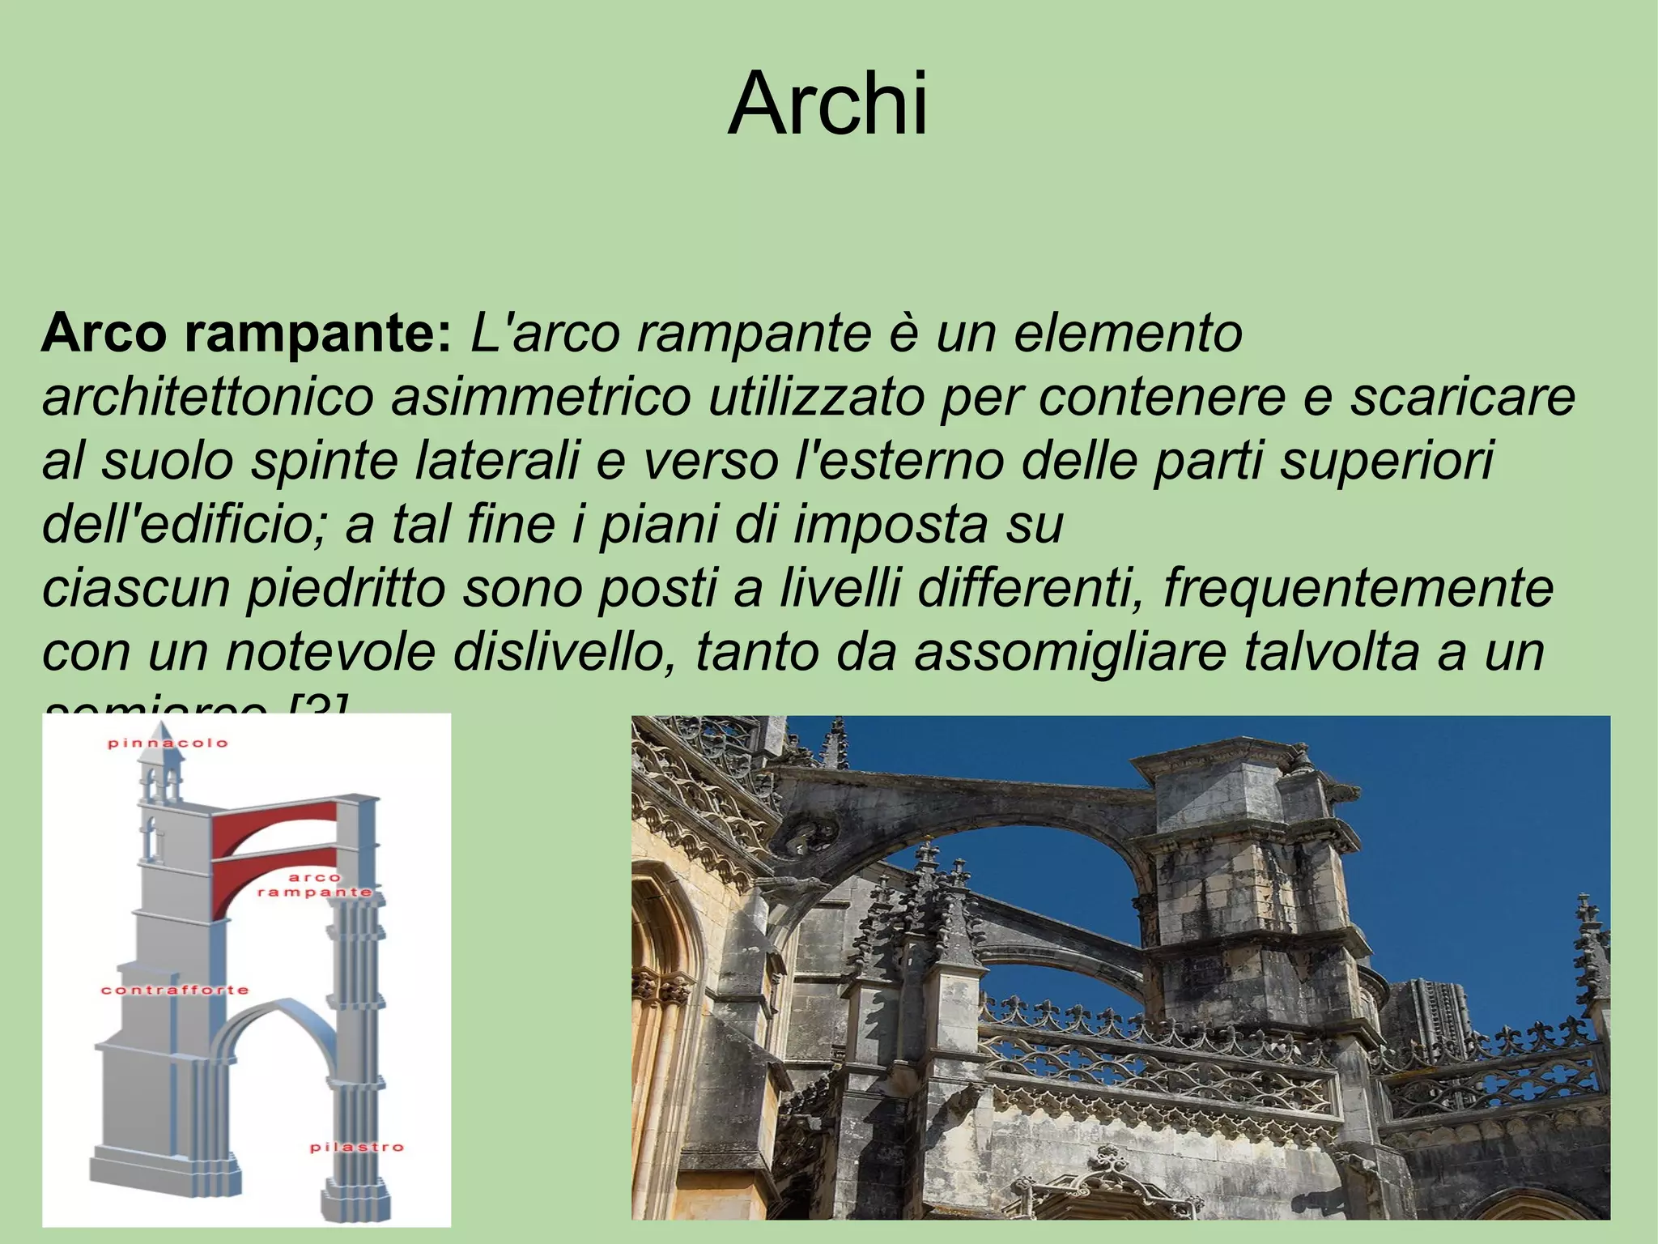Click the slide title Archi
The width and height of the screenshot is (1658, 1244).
pos(828,104)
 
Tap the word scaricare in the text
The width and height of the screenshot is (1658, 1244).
pos(1462,397)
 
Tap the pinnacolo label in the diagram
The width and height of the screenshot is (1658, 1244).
pos(168,743)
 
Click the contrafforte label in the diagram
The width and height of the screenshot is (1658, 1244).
pos(174,990)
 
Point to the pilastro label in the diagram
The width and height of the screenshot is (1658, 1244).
pos(356,1147)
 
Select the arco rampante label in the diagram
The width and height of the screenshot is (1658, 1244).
pos(315,884)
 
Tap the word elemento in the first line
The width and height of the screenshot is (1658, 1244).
pos(1127,333)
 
